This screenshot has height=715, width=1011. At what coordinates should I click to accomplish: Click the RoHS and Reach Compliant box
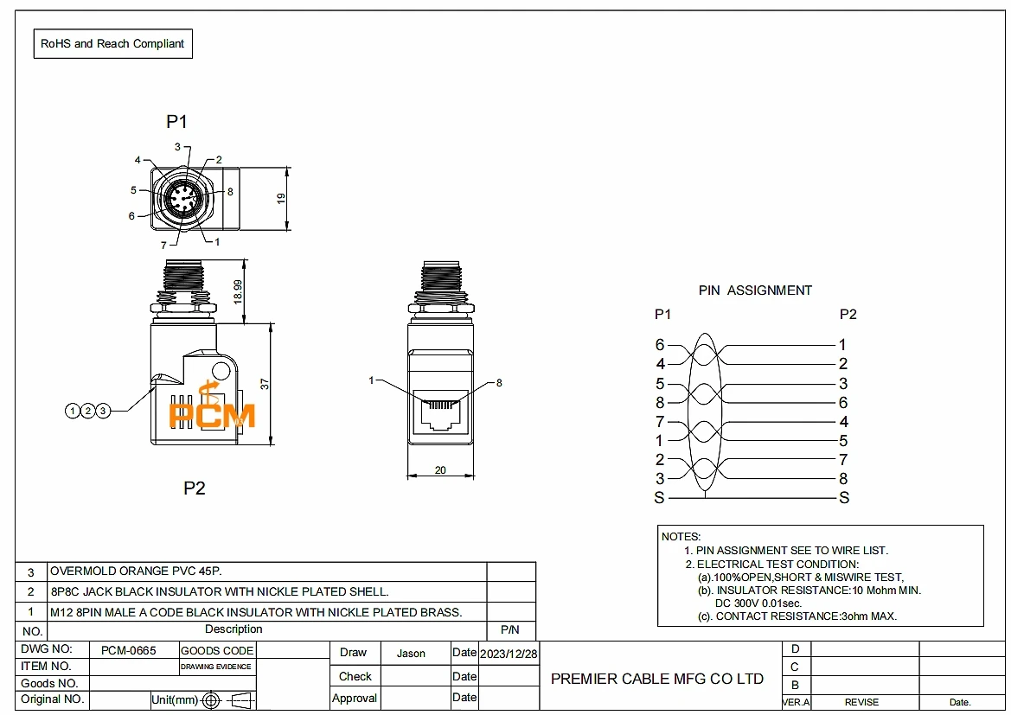tap(112, 44)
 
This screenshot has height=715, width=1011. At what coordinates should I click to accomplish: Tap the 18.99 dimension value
tap(238, 291)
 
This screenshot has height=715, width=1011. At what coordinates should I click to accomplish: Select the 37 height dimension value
tap(265, 384)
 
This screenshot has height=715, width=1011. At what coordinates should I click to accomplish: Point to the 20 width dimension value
tap(440, 470)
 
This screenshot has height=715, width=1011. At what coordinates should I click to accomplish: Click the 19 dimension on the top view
tap(281, 199)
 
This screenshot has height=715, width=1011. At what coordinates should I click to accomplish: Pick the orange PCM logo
tap(212, 407)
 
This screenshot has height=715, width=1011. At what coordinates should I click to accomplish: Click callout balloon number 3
tap(103, 411)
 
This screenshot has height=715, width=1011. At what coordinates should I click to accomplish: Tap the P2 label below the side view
tap(194, 488)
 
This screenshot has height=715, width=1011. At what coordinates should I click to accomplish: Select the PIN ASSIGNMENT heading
tap(755, 290)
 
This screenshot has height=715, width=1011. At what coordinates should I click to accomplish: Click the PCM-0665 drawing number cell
tap(128, 650)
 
